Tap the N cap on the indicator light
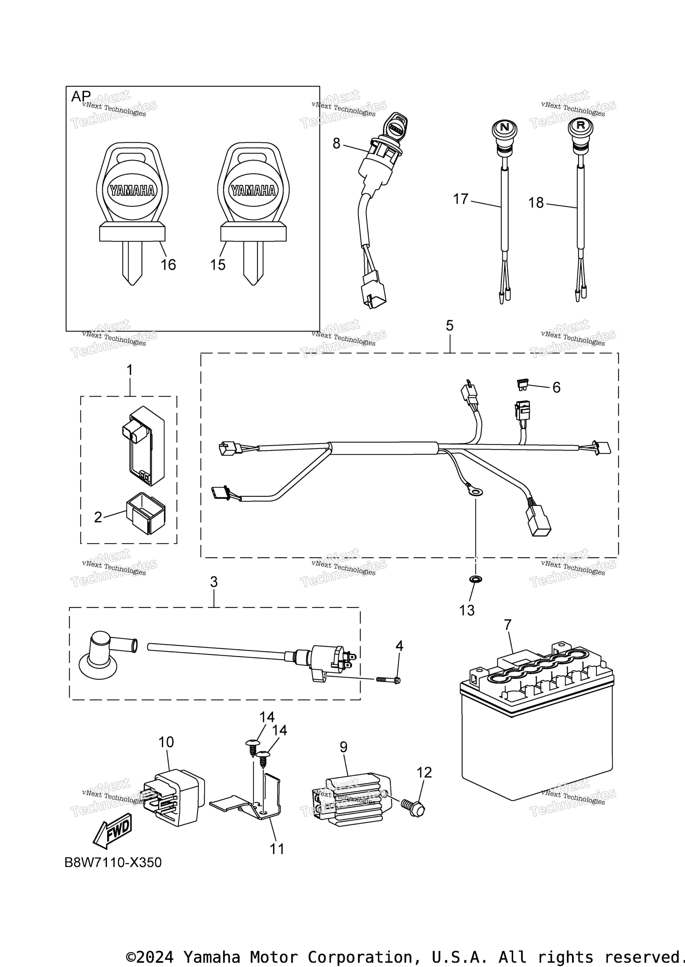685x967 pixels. tap(504, 126)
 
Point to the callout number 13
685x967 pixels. tap(467, 610)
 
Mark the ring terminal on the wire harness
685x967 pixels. tap(474, 491)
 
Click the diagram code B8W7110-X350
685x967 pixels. tap(113, 862)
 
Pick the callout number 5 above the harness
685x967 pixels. tap(450, 326)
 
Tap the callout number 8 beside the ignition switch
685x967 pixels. tap(336, 144)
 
